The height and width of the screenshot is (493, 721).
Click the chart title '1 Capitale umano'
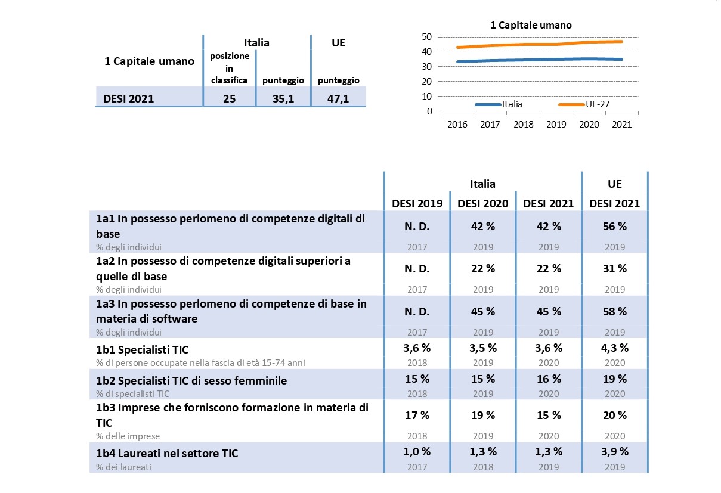coord(530,25)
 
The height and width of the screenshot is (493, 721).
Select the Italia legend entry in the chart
coord(512,104)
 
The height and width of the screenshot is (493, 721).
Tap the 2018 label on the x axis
coord(523,125)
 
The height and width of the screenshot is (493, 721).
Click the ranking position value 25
coord(229,98)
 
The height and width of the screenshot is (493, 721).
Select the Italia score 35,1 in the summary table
coord(284,98)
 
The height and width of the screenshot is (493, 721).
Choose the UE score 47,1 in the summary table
coord(338,98)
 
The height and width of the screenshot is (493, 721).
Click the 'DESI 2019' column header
coord(417,203)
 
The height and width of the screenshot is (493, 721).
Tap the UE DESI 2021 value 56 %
coord(614,227)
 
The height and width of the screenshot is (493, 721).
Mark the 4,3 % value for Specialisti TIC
coord(614,348)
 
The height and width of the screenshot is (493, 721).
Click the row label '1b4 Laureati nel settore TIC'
coord(167,454)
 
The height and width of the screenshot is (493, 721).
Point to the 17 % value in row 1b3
coord(417,415)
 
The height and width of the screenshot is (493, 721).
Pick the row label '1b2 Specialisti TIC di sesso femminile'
coord(191,380)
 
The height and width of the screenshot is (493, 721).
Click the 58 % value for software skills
coord(614,311)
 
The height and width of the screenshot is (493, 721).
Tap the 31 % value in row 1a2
coord(614,269)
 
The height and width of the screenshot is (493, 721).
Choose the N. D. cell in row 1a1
coord(417,227)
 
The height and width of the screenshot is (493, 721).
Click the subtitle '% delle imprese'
coord(128,436)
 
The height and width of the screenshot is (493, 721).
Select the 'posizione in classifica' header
coord(229,68)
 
